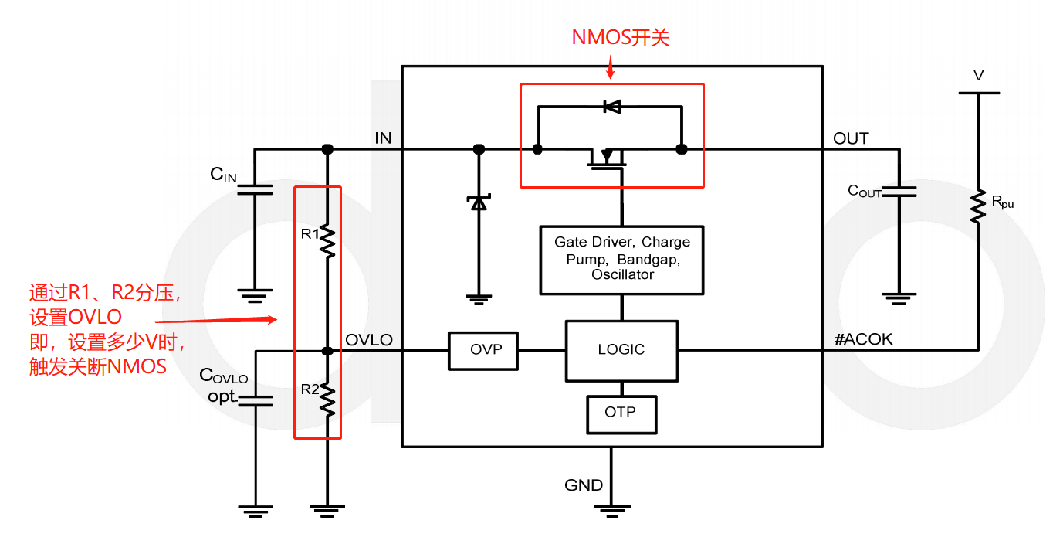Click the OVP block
486,350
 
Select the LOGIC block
621,350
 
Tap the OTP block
621,413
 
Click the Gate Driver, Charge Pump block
621,259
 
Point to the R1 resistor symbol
327,241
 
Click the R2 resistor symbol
327,398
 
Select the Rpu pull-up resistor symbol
977,206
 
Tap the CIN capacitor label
223,175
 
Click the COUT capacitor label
864,191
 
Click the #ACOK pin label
863,339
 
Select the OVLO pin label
369,340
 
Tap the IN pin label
383,138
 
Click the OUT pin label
851,138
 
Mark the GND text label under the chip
584,485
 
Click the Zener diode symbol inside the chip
479,202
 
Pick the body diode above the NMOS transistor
611,107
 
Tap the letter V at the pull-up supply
978,76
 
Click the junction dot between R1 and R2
327,351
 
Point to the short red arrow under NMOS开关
611,68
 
